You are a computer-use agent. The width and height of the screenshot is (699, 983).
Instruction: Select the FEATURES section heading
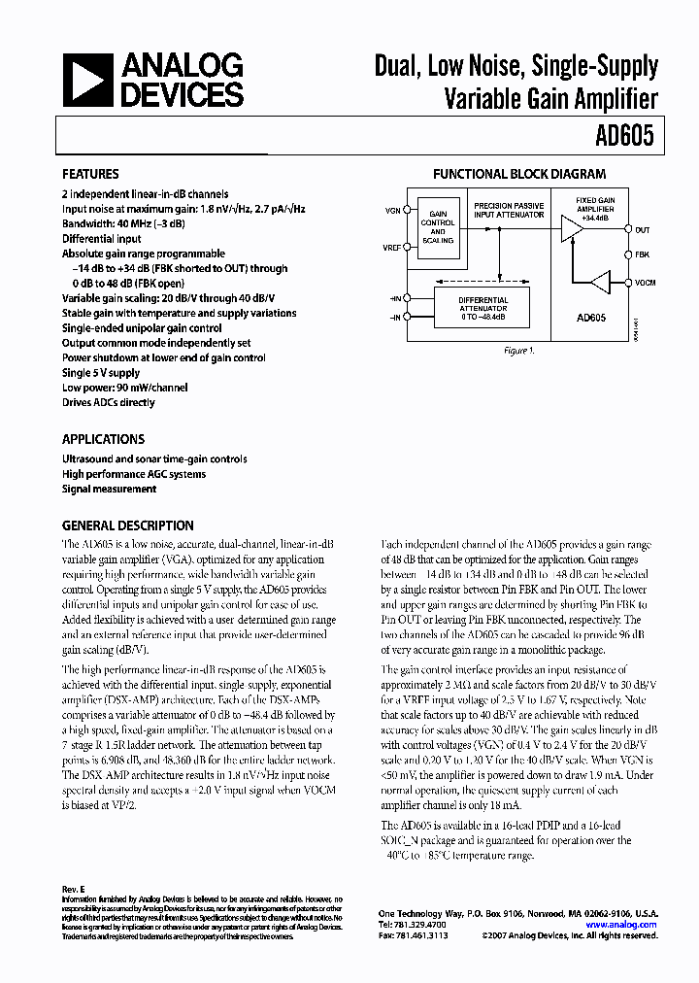(x=90, y=174)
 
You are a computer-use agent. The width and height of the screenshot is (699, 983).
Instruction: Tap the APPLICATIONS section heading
(x=103, y=439)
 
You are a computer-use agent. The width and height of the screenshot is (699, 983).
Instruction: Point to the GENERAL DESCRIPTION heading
(x=127, y=525)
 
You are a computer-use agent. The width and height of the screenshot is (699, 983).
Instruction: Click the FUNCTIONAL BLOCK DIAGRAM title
(x=518, y=174)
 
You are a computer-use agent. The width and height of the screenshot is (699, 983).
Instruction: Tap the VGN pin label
(x=391, y=209)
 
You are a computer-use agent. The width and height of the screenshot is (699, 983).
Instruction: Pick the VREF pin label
(x=391, y=248)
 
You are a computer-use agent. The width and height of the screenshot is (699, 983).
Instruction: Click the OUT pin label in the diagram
(x=643, y=230)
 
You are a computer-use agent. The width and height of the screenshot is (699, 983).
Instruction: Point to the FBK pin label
(x=643, y=254)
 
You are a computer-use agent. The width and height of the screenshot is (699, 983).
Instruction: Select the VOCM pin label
(x=645, y=282)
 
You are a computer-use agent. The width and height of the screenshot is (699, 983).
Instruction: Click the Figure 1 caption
(x=519, y=352)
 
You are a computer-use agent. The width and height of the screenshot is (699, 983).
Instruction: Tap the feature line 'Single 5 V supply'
(x=101, y=373)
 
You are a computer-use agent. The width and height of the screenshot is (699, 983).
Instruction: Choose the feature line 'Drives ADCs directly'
(x=108, y=402)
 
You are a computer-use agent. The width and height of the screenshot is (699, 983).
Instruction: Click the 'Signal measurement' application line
(x=109, y=490)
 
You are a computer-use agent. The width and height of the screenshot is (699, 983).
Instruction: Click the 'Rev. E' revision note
(x=74, y=889)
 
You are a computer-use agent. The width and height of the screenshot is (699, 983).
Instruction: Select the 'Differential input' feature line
(x=101, y=238)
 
